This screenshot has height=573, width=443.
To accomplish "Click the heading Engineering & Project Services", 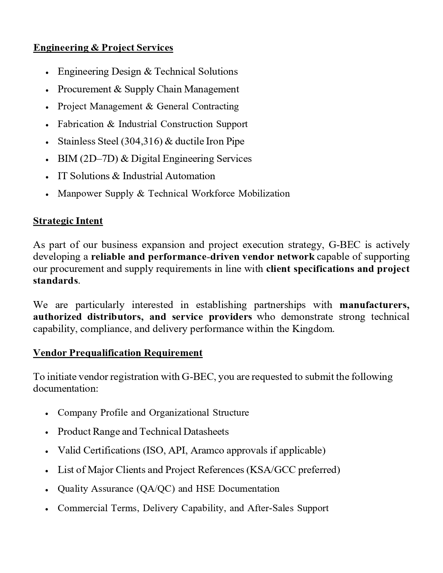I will [103, 48].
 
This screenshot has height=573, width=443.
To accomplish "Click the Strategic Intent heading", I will [68, 221].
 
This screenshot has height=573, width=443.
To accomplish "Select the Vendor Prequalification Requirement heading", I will [117, 353].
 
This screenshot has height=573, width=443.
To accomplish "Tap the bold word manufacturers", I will [374, 305].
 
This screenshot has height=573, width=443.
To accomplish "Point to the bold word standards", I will [55, 281].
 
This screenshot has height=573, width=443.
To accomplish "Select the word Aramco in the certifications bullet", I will [207, 450].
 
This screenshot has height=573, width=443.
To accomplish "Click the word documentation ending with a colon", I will [65, 388].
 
